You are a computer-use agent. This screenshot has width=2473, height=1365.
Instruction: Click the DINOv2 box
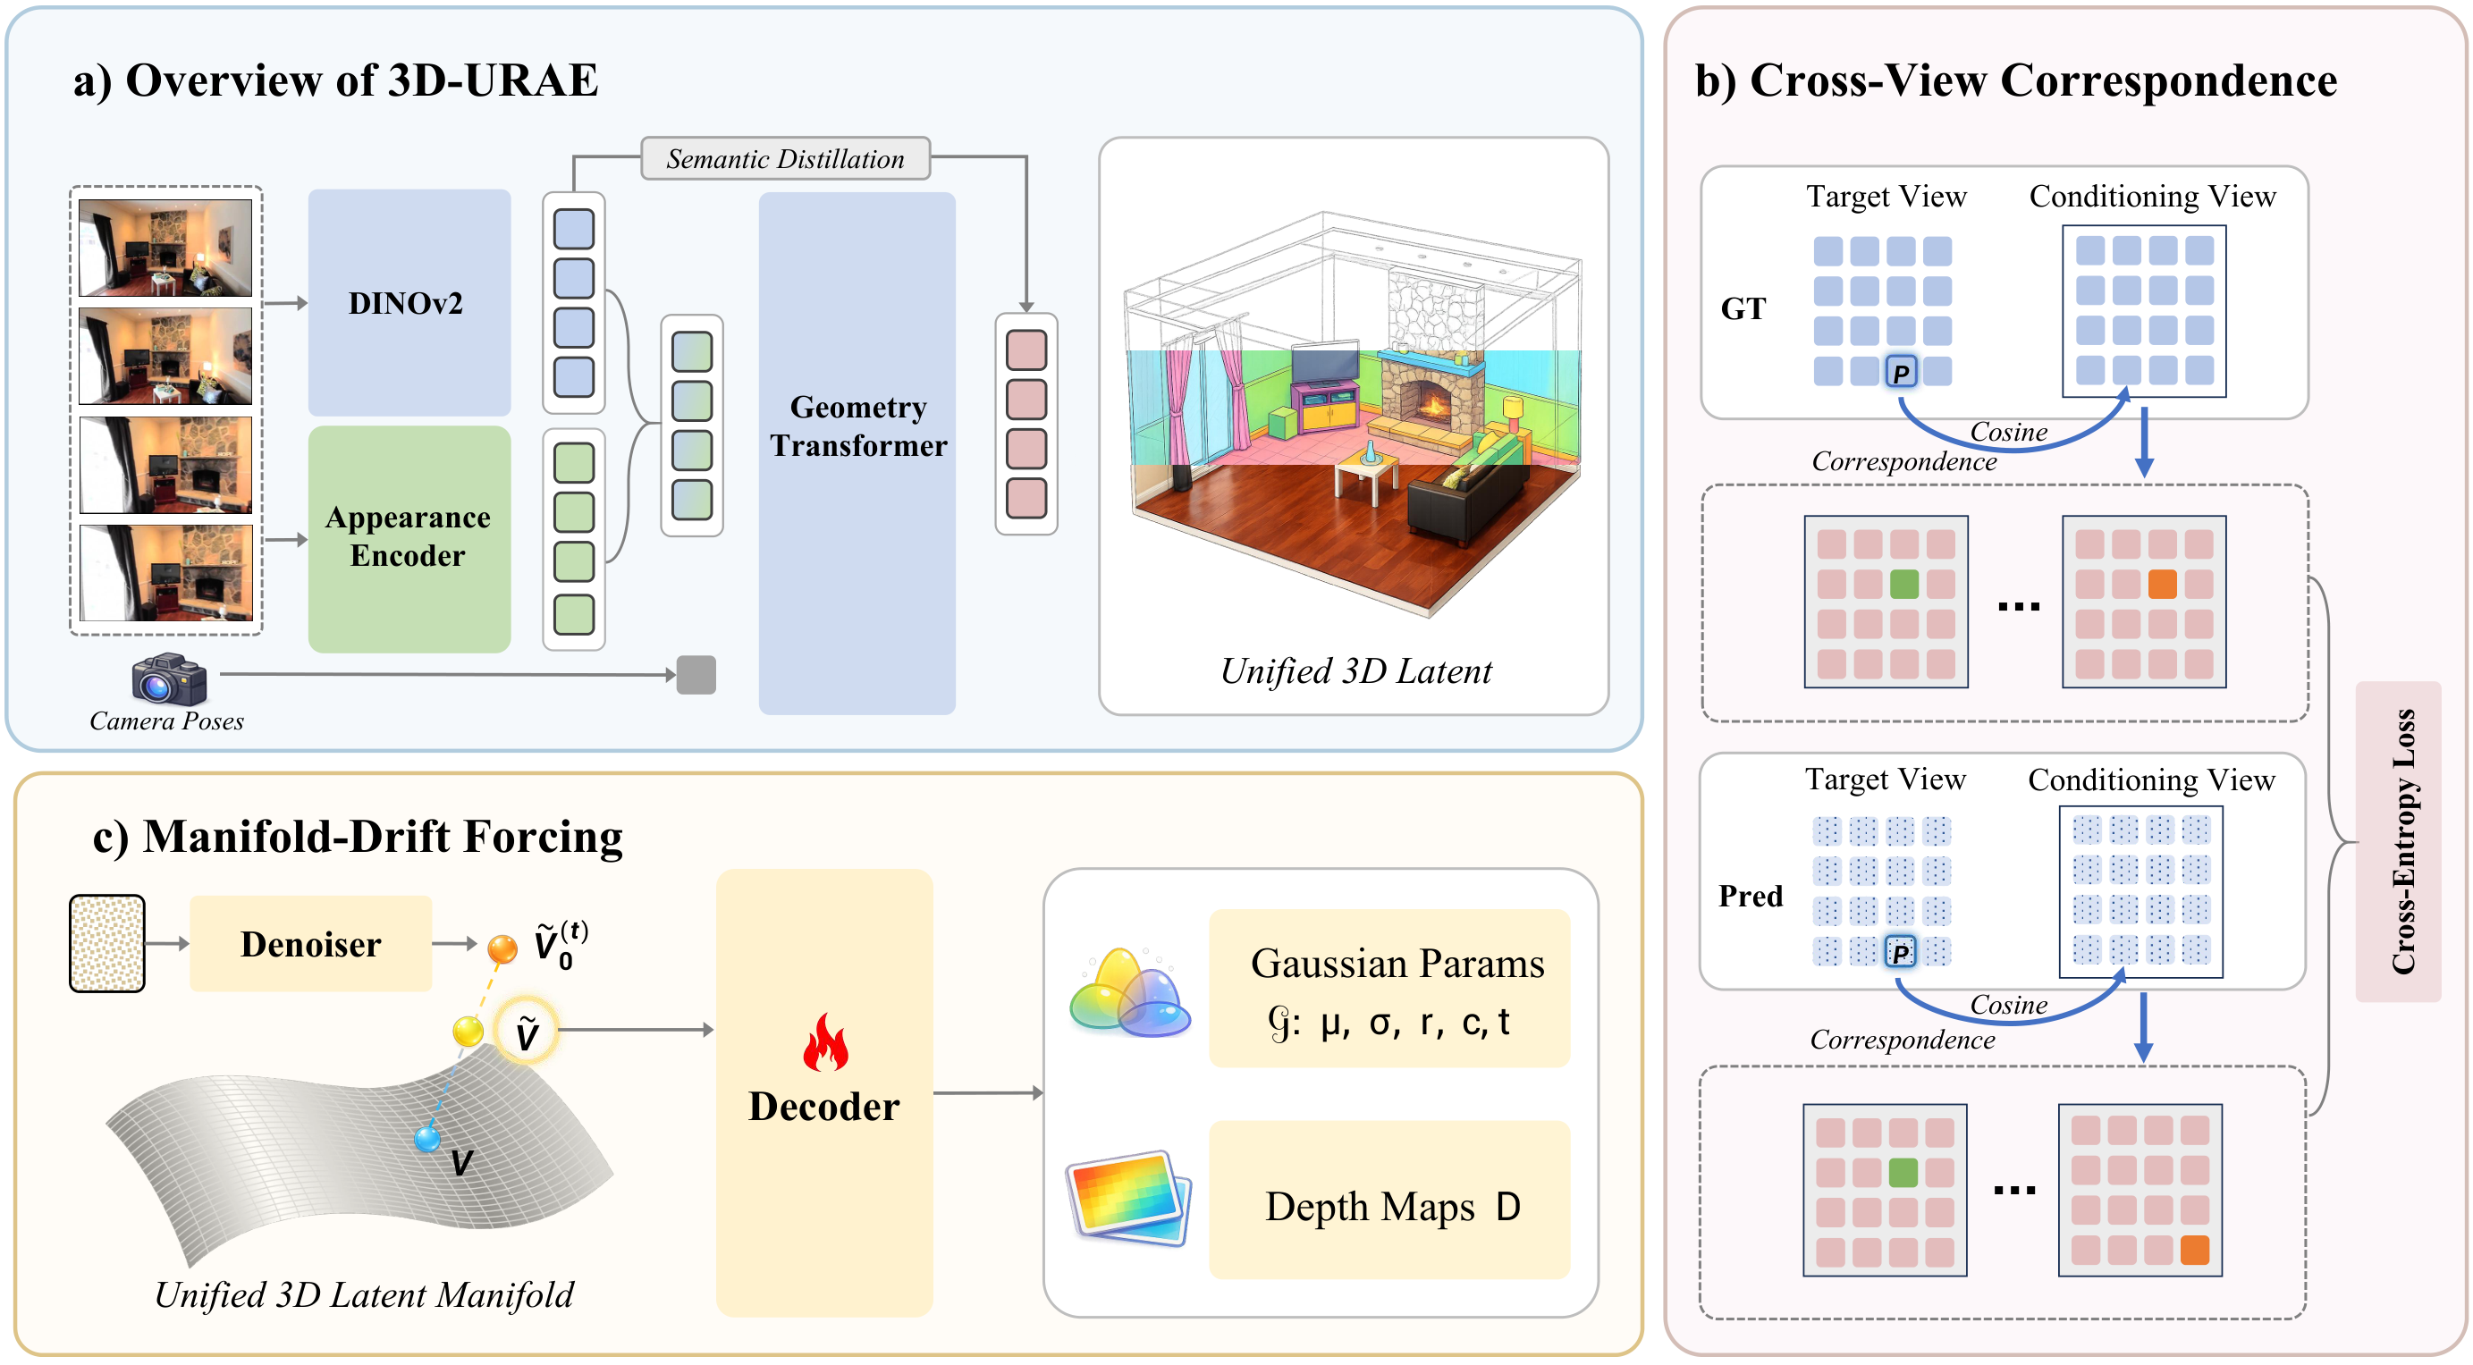[408, 302]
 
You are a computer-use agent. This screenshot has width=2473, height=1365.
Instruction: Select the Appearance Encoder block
[408, 537]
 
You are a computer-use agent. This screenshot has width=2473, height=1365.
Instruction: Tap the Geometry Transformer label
[857, 426]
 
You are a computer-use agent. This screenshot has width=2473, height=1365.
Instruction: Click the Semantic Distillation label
[784, 158]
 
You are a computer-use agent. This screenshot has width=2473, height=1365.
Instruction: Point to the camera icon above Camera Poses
[169, 678]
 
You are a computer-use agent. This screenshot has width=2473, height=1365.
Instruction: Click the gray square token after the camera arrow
[696, 675]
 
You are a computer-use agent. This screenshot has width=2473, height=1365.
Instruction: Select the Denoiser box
[310, 944]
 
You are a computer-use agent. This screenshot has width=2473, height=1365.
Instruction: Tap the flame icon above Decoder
[824, 1042]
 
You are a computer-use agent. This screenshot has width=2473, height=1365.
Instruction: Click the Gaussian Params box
[1388, 988]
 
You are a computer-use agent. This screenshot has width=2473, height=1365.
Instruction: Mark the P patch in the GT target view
[1901, 372]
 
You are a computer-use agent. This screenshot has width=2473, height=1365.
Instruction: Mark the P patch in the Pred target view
[1899, 951]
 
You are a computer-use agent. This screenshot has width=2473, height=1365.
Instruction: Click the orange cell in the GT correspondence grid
[2161, 584]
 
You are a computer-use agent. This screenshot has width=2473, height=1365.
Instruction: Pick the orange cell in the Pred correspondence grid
[2194, 1250]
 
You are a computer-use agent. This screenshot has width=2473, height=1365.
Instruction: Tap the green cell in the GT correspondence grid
[1903, 584]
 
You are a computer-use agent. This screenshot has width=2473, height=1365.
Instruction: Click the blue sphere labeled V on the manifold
[427, 1139]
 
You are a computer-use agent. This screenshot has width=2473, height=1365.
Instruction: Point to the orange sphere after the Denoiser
[502, 948]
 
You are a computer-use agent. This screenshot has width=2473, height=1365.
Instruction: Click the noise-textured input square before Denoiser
[106, 944]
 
